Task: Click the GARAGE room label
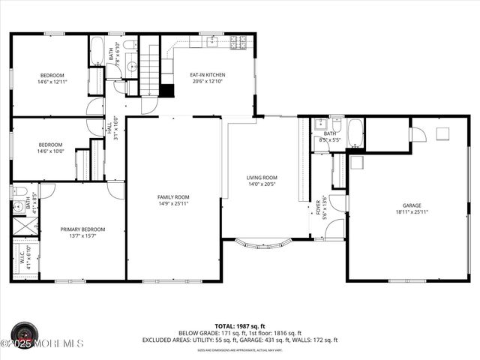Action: (412, 205)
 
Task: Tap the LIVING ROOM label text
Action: (262, 178)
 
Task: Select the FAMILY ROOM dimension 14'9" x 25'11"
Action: (173, 203)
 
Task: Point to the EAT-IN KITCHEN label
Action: (208, 75)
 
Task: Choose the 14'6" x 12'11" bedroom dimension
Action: (51, 82)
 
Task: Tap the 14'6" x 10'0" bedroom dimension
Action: (51, 151)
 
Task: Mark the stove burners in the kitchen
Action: (238, 42)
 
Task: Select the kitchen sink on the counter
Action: (212, 42)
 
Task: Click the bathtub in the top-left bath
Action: (97, 52)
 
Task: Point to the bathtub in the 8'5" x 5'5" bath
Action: (355, 133)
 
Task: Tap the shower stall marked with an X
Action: (19, 225)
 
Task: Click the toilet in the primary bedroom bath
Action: (18, 192)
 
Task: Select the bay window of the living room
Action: (262, 244)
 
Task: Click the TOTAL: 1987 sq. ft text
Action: (239, 326)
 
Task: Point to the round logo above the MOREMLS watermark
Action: (25, 332)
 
